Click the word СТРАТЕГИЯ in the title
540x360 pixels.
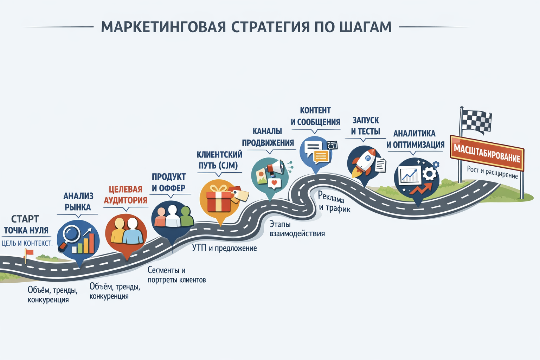click(x=270, y=27)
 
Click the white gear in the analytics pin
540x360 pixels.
click(x=429, y=174)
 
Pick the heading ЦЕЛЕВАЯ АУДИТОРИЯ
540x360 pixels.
click(x=126, y=195)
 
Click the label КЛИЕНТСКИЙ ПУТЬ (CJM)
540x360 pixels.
click(x=219, y=160)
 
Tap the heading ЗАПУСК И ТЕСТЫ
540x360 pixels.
click(x=366, y=126)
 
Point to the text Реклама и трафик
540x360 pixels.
click(x=334, y=202)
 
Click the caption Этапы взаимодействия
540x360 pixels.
click(x=297, y=229)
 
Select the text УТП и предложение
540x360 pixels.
click(x=224, y=248)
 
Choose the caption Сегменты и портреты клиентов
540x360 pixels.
click(x=177, y=275)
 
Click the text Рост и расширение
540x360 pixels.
click(x=492, y=172)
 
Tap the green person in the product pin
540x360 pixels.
click(x=187, y=216)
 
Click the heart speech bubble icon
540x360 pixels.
click(x=274, y=183)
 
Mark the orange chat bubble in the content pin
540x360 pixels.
click(x=321, y=156)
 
